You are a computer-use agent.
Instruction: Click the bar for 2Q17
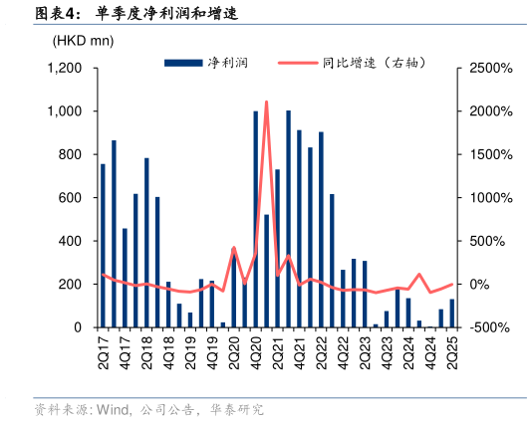tap(103, 245)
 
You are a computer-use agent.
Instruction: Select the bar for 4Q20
tap(256, 219)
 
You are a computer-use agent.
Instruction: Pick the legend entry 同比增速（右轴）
tap(374, 63)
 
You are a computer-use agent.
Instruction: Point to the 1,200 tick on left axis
tap(65, 69)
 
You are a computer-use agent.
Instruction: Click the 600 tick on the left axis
tap(70, 198)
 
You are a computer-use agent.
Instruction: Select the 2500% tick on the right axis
tap(484, 69)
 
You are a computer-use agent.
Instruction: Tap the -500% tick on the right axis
tap(484, 327)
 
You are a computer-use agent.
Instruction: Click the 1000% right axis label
tap(484, 198)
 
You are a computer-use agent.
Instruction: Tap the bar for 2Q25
tap(452, 313)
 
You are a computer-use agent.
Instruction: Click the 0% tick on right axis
tap(479, 285)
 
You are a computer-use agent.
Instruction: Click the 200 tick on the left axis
tap(70, 285)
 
